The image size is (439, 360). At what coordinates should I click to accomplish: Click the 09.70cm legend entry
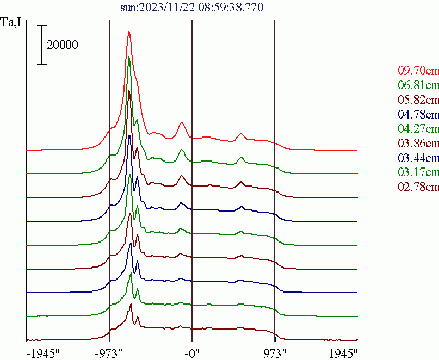pyautogui.click(x=418, y=70)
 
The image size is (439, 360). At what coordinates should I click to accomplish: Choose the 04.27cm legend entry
pyautogui.click(x=418, y=129)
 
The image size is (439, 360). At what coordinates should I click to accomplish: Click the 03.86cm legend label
pyautogui.click(x=418, y=144)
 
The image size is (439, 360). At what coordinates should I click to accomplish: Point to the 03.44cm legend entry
pyautogui.click(x=418, y=158)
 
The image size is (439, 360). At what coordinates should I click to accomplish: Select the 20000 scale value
pyautogui.click(x=63, y=45)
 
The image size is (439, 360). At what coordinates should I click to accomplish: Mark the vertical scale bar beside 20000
pyautogui.click(x=42, y=45)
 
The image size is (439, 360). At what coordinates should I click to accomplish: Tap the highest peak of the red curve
pyautogui.click(x=129, y=32)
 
